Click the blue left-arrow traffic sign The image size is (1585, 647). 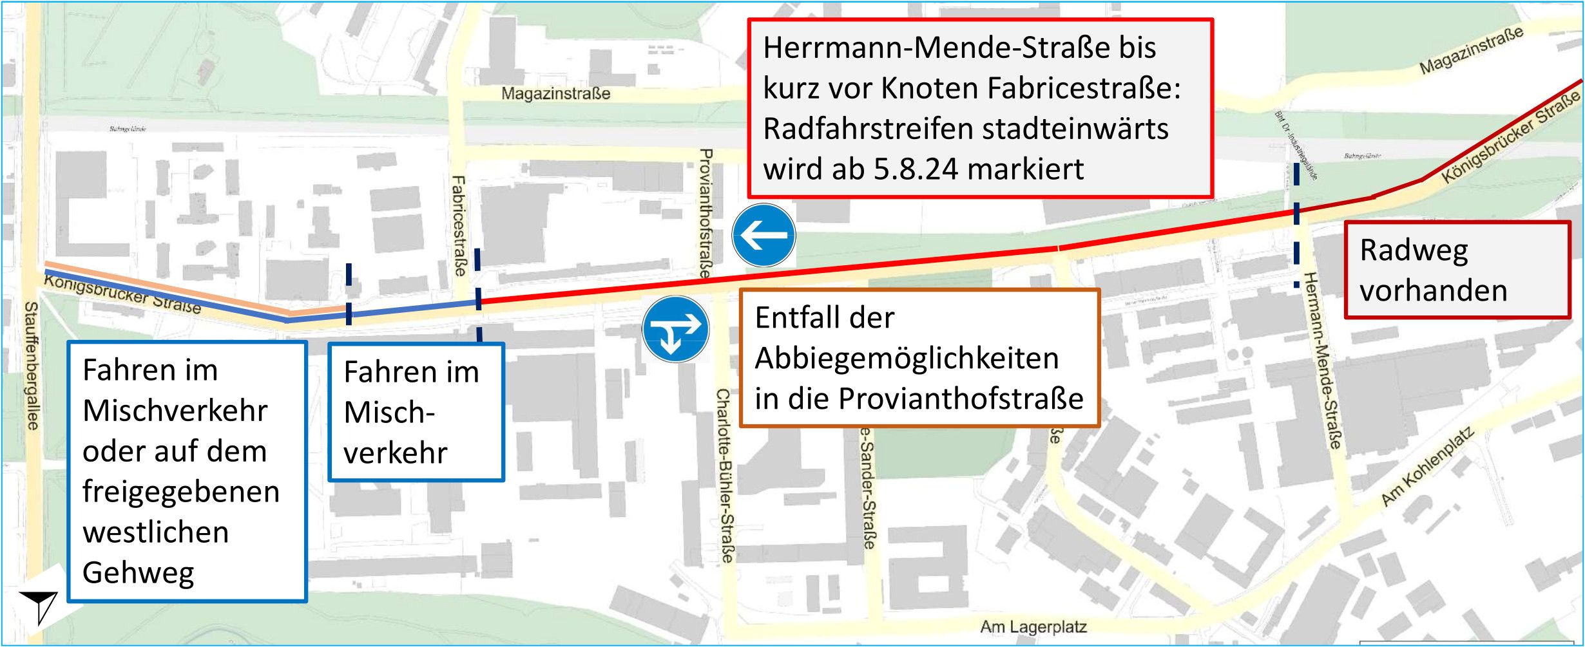[764, 236]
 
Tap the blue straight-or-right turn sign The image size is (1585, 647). [675, 329]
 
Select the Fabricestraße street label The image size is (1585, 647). [459, 226]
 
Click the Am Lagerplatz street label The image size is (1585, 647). [1033, 626]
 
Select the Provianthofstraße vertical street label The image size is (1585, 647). [706, 213]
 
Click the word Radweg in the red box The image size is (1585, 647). [1414, 250]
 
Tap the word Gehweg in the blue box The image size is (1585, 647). [138, 573]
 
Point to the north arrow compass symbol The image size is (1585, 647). [40, 605]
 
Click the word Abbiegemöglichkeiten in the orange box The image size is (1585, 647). [907, 359]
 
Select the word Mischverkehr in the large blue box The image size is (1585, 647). [175, 411]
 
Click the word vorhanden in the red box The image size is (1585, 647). [1433, 291]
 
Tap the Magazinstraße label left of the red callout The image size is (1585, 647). [555, 94]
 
